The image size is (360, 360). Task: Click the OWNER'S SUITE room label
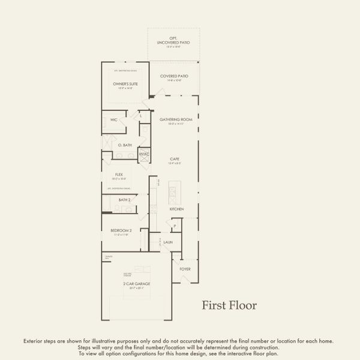click(x=125, y=83)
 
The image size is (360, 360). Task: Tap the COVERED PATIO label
click(x=175, y=76)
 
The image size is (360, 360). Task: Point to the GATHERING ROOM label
click(x=175, y=119)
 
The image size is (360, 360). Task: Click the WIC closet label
click(x=114, y=120)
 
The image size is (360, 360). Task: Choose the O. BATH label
click(x=125, y=145)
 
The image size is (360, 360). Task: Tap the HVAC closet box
click(x=144, y=154)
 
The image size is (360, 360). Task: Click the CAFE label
click(x=175, y=159)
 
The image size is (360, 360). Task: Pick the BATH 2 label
click(x=124, y=200)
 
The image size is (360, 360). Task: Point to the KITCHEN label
click(x=176, y=209)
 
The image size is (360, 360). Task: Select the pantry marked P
click(x=175, y=227)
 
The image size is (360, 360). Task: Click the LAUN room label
click(x=167, y=242)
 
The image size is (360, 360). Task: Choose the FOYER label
click(x=185, y=269)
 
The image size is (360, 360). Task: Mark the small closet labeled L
click(x=141, y=115)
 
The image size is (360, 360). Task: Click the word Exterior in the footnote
click(x=34, y=340)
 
